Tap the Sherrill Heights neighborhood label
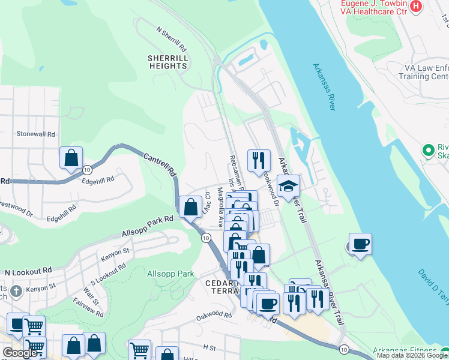coord(168,62)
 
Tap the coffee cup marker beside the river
coord(360,244)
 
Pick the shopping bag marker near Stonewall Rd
coord(71,158)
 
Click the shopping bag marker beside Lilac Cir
coord(191,207)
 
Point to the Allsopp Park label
coord(170,274)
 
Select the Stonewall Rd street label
coord(36,134)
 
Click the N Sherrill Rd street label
coord(171,39)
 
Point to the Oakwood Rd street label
coord(214,314)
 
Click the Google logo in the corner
coord(20,353)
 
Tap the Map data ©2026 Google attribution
coord(412,355)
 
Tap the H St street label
coord(209,347)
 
